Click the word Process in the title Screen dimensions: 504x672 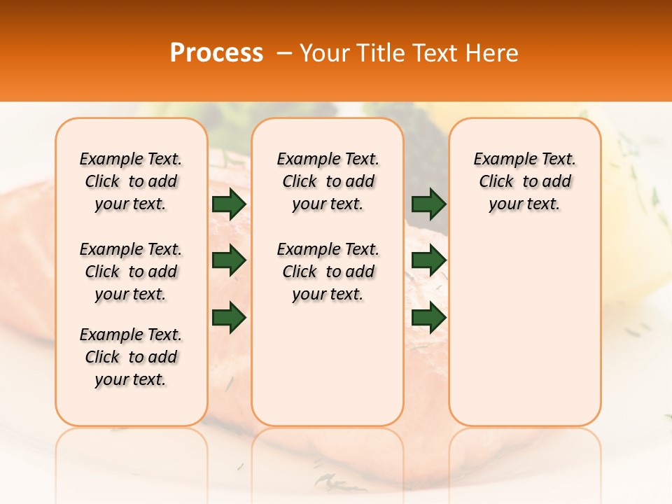pyautogui.click(x=216, y=53)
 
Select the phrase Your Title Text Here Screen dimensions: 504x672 pyautogui.click(x=409, y=53)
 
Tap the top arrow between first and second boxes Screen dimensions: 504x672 pyautogui.click(x=229, y=204)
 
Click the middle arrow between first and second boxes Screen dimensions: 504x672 pyautogui.click(x=229, y=260)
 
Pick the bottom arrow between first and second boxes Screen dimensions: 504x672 pyautogui.click(x=229, y=317)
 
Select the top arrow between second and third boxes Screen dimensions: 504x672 pyautogui.click(x=429, y=204)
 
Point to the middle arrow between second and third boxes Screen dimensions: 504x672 pyautogui.click(x=429, y=260)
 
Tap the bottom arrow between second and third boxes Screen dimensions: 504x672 pyautogui.click(x=429, y=317)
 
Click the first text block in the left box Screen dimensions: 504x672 pyautogui.click(x=131, y=181)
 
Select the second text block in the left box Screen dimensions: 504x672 pyautogui.click(x=131, y=272)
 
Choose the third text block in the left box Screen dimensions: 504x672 pyautogui.click(x=131, y=357)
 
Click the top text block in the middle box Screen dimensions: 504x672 pyautogui.click(x=328, y=181)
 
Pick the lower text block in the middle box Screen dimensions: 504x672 pyautogui.click(x=328, y=272)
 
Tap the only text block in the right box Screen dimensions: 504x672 pyautogui.click(x=525, y=181)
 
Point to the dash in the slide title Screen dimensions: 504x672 pyautogui.click(x=284, y=54)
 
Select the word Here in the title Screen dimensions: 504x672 pyautogui.click(x=493, y=53)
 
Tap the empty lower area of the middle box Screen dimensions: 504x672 pyautogui.click(x=328, y=364)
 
